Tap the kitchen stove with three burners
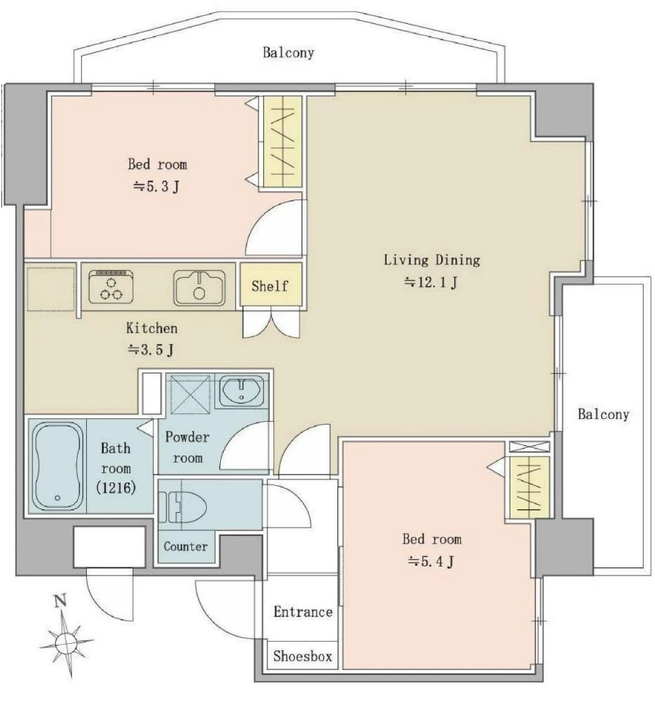tap(111, 287)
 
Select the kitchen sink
tap(200, 288)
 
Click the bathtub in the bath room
tap(58, 466)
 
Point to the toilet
tap(183, 508)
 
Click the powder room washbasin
tap(242, 390)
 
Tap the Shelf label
tap(270, 286)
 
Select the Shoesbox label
tap(303, 657)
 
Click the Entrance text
tap(303, 611)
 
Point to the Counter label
tap(186, 547)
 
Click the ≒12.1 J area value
tap(431, 283)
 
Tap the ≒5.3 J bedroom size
tap(157, 186)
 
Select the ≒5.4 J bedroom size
tap(431, 561)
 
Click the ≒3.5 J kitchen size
tap(151, 350)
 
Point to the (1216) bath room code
tap(116, 487)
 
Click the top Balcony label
tap(288, 53)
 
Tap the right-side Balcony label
tap(603, 414)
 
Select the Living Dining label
tap(432, 260)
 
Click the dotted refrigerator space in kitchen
tap(51, 289)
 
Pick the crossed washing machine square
tap(190, 394)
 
